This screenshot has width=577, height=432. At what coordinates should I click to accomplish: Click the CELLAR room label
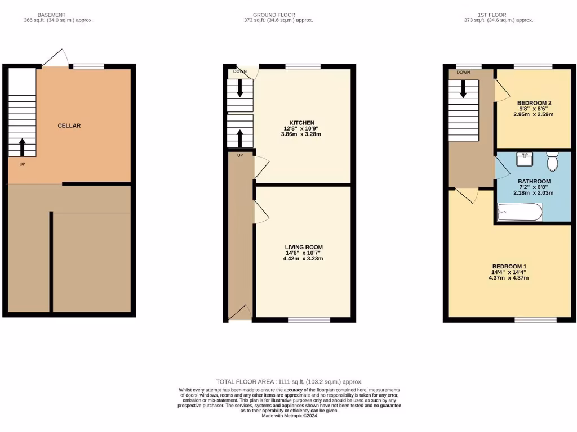[69, 125]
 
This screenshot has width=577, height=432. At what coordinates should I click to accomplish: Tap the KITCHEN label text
[302, 123]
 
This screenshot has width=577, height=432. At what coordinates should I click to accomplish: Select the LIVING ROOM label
[304, 247]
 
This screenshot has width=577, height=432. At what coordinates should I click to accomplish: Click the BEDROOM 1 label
[509, 266]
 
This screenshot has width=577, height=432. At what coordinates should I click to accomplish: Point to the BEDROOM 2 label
[534, 102]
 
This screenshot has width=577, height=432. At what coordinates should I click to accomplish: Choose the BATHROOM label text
[534, 181]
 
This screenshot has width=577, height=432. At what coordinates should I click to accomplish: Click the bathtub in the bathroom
[520, 212]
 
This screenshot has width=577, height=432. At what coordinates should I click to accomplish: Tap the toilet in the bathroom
[552, 161]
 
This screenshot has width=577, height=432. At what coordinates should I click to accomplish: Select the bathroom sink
[524, 157]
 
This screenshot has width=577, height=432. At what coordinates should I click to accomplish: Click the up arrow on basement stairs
[23, 147]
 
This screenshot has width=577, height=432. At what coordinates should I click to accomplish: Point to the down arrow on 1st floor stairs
[463, 88]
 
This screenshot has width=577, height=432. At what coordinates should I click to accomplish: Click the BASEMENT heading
[51, 15]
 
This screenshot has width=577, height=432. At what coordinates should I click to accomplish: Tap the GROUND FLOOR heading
[274, 15]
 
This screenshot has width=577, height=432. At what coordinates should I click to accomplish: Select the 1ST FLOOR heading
[498, 15]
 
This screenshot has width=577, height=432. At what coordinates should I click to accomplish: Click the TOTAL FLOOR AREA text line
[289, 381]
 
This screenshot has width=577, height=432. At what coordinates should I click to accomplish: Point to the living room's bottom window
[309, 320]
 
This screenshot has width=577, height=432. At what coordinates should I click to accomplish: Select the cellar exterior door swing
[55, 58]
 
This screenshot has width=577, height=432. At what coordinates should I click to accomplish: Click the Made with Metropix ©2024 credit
[289, 416]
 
